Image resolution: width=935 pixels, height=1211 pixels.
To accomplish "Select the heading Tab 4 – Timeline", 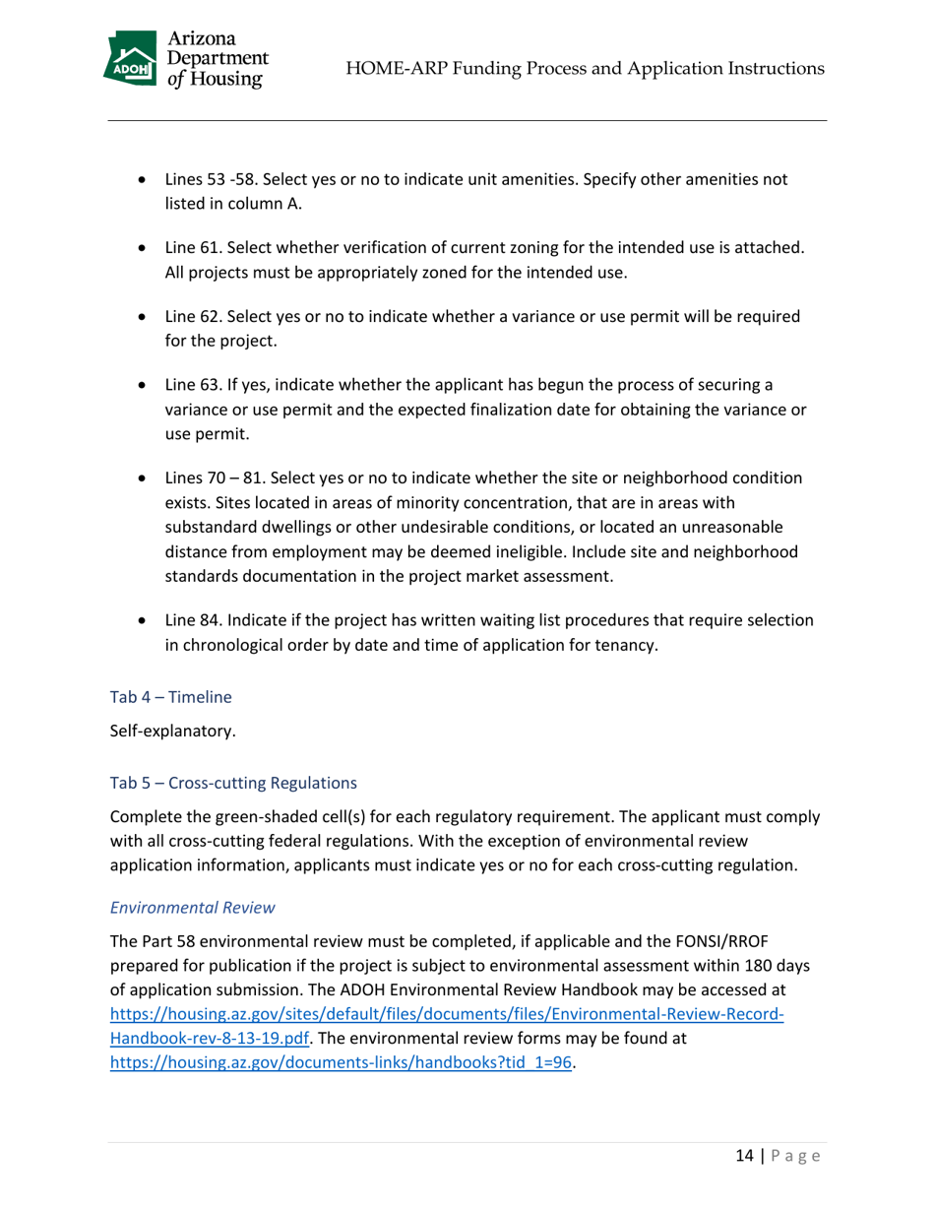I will click(170, 697).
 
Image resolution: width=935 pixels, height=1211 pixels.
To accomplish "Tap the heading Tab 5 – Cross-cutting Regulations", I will click(233, 785).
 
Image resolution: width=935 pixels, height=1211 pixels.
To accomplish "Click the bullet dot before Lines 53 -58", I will click(146, 182).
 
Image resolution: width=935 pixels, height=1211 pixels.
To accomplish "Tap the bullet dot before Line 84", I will click(146, 621).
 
